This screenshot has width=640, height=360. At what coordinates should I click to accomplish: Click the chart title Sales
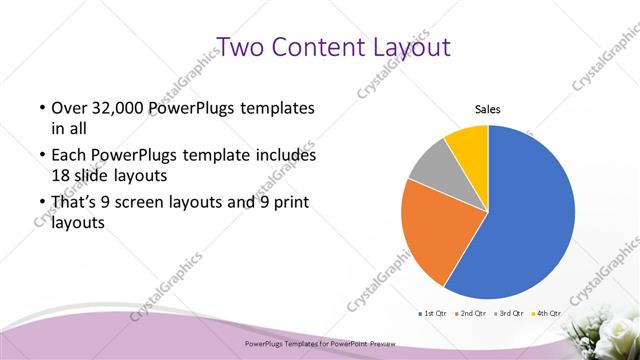pos(487,110)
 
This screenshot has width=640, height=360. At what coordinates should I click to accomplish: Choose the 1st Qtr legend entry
pos(432,314)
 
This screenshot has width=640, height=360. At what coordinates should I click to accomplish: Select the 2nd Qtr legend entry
pos(471,314)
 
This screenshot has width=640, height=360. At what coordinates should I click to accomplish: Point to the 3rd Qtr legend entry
pos(510,314)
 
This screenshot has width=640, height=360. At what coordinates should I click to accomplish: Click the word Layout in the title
pos(411,48)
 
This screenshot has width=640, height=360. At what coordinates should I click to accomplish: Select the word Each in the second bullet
pos(70,156)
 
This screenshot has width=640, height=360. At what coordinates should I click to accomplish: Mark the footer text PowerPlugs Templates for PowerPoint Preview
pos(320,342)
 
